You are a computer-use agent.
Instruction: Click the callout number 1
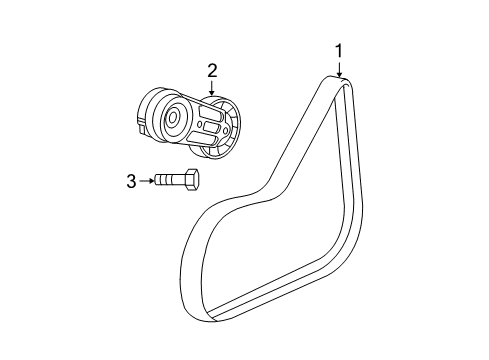[x=339, y=50]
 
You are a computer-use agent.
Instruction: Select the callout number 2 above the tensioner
[x=212, y=69]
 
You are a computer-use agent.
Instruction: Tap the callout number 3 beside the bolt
[x=131, y=181]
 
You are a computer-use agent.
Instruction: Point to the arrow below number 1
[x=340, y=70]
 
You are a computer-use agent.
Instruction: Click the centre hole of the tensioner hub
[x=173, y=118]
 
